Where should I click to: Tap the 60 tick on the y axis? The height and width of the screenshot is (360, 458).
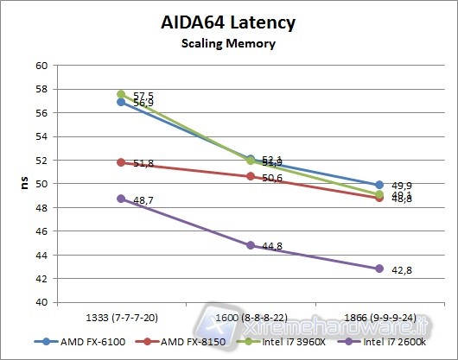[x=41, y=66]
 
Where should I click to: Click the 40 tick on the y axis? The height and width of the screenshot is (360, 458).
[x=41, y=302]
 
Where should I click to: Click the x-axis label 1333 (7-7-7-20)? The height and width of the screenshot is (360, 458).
[x=121, y=319]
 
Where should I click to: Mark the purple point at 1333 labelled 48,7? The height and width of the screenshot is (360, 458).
[x=121, y=199]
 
